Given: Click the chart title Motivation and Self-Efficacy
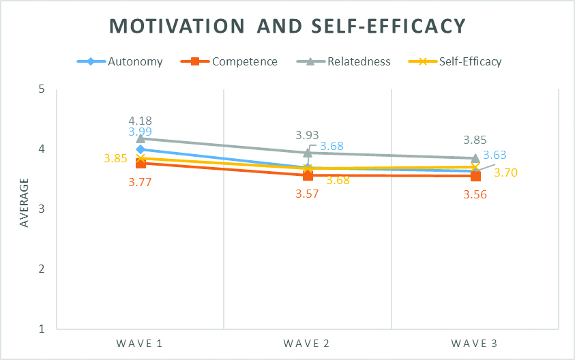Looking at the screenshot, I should point(288,26).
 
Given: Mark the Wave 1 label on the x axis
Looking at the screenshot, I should point(141,344).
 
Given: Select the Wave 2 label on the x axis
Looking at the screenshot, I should point(308,344).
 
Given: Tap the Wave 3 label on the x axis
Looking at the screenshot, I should point(475,344).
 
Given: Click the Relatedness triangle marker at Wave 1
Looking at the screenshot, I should point(141,138).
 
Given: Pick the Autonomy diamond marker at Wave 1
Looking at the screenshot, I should point(141,149).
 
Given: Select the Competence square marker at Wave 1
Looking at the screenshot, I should point(141,163).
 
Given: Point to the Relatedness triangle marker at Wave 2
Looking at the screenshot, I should point(308,153).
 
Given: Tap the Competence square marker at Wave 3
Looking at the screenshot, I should point(475,176).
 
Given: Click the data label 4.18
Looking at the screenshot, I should point(140,121).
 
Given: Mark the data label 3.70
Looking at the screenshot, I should point(505,172).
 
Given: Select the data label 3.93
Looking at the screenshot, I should point(307,136).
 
